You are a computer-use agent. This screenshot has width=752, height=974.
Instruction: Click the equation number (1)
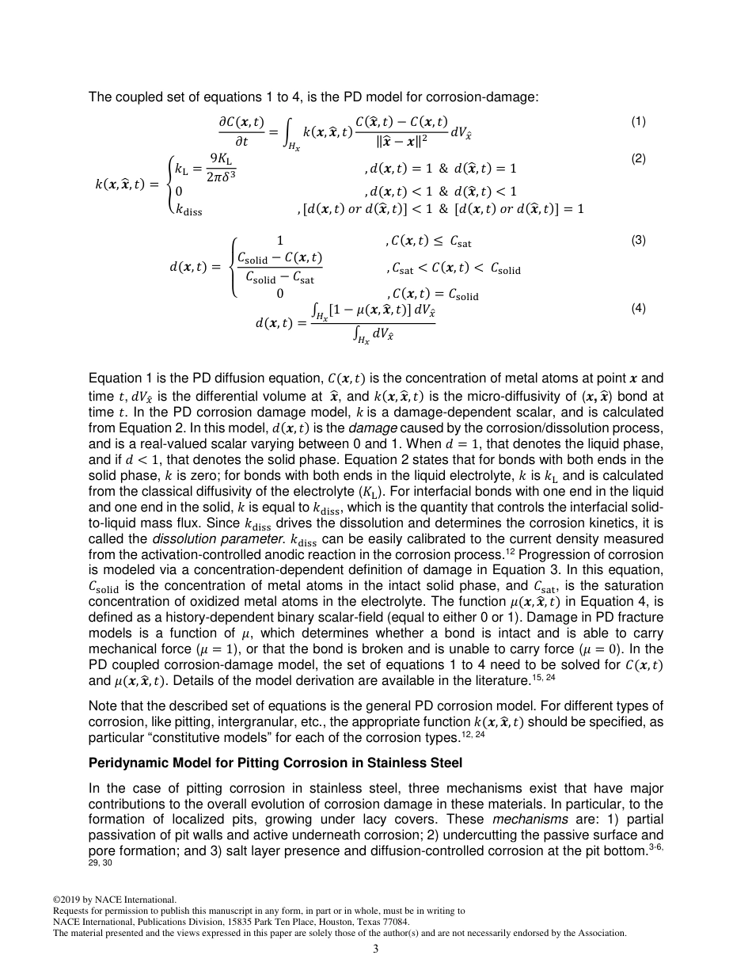pyautogui.click(x=638, y=121)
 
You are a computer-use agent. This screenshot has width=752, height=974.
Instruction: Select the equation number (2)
pyautogui.click(x=638, y=158)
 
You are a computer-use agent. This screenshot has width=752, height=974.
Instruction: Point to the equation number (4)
pyautogui.click(x=638, y=308)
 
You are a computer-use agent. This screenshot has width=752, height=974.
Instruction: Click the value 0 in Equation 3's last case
pyautogui.click(x=279, y=293)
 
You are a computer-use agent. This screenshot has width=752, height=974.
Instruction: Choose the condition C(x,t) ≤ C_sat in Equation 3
pyautogui.click(x=432, y=243)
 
